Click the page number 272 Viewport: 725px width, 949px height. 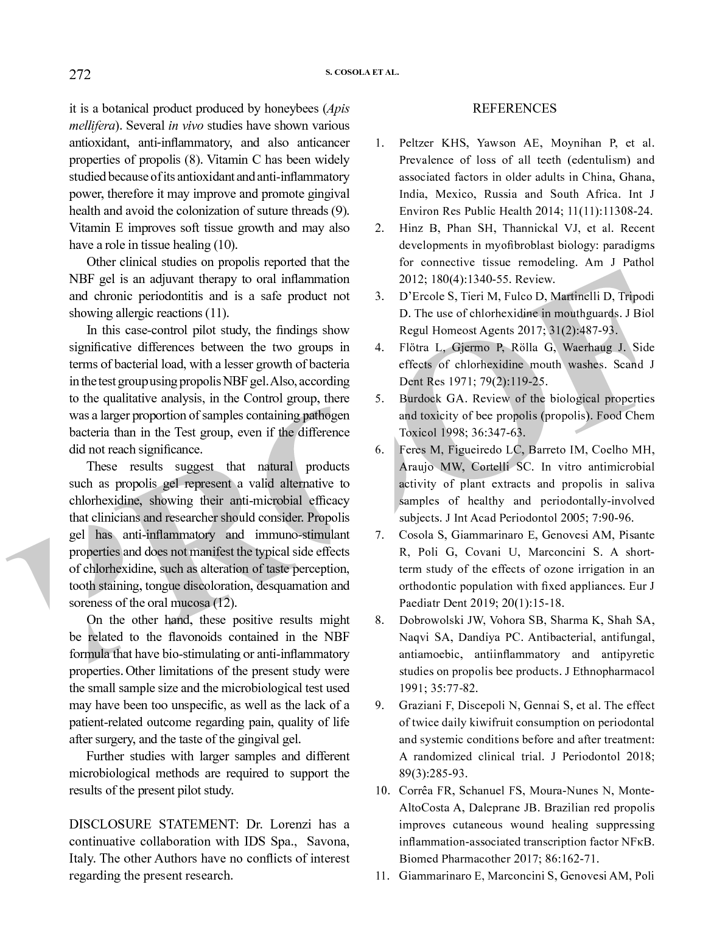(80, 75)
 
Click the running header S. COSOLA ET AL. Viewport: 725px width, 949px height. (362, 72)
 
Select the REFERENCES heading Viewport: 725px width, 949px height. (514, 109)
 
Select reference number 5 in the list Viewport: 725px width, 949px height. (379, 399)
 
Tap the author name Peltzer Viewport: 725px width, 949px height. (419, 144)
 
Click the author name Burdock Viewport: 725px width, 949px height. (419, 399)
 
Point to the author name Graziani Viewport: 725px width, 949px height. (421, 706)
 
